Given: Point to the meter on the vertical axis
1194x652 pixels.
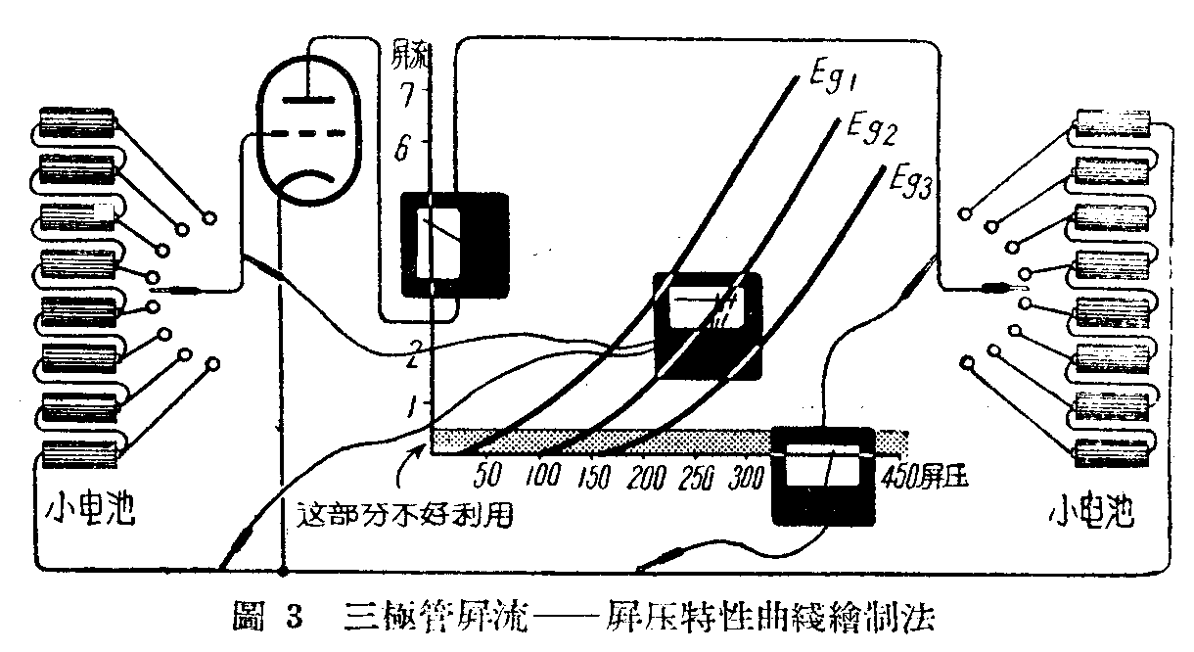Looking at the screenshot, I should tap(456, 244).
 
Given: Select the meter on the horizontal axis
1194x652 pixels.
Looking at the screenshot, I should tap(821, 476).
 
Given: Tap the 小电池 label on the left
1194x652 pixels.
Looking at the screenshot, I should tap(88, 510).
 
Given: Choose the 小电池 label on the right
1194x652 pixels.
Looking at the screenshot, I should tap(1101, 510).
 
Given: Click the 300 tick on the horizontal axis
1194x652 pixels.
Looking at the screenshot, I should tap(749, 477).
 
